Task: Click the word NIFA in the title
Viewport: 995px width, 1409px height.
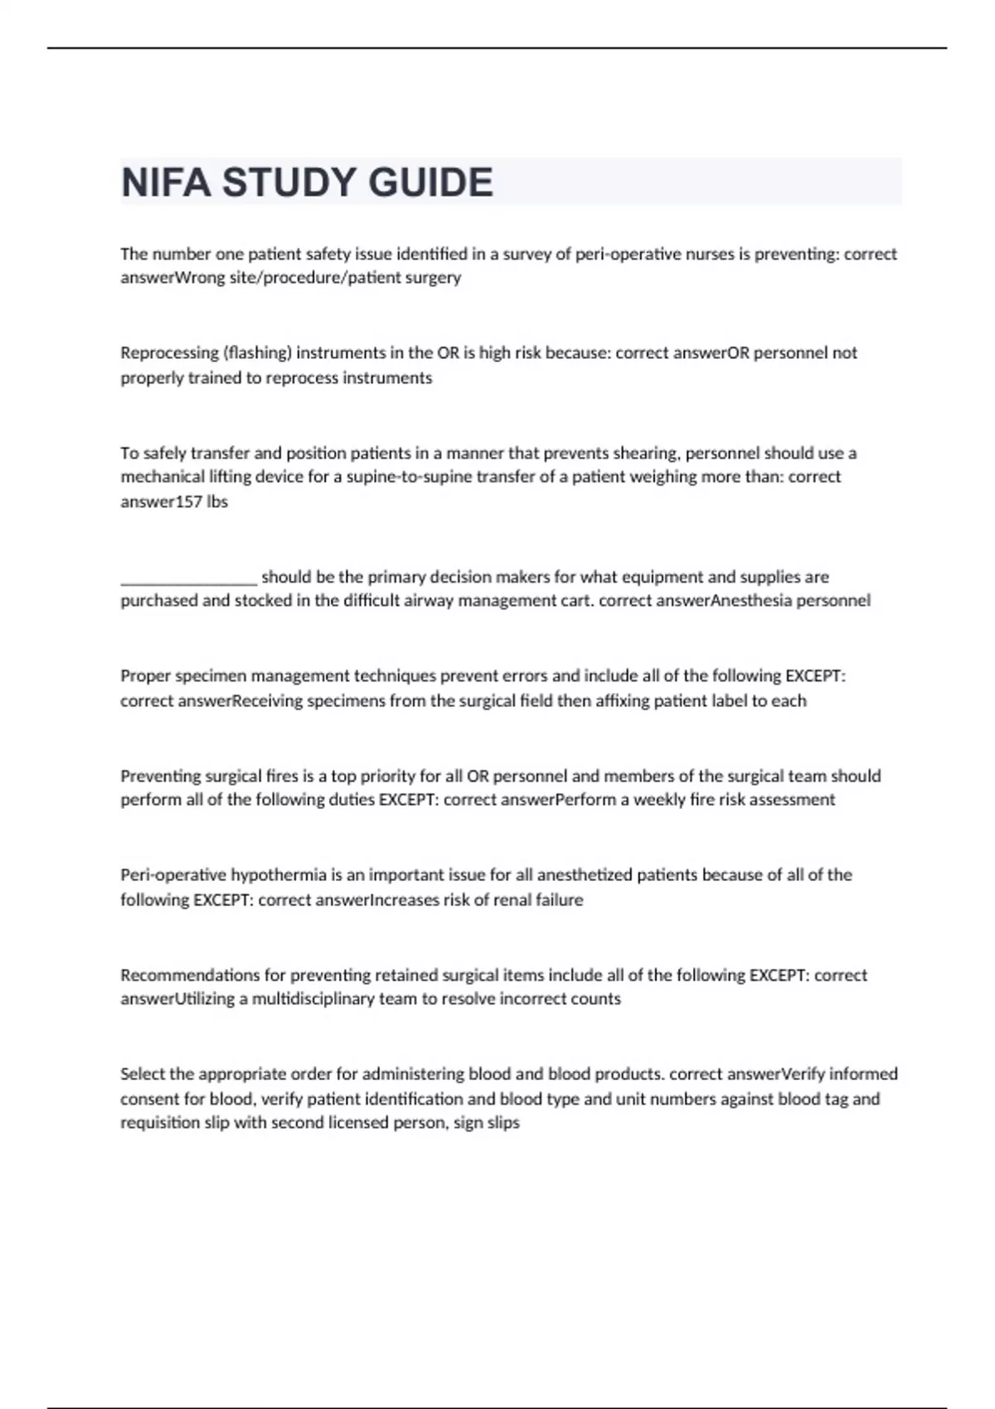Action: (x=166, y=182)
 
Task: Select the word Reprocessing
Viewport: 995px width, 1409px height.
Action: (x=169, y=353)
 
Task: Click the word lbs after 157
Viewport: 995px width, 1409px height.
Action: (x=217, y=501)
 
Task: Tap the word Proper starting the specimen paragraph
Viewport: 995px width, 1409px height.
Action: (x=145, y=676)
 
